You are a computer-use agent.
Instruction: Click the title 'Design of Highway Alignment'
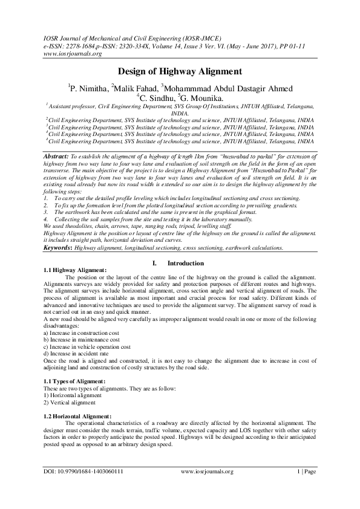coord(179,71)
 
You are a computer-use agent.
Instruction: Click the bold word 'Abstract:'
coord(57,156)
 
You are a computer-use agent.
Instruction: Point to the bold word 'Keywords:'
coord(62,248)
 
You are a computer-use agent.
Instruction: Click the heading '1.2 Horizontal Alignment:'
coord(78,417)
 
